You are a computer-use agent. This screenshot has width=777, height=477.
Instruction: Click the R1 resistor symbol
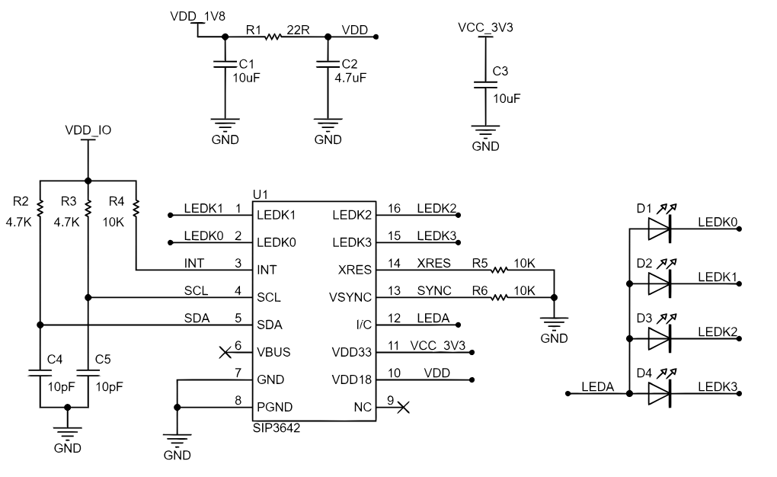(x=273, y=37)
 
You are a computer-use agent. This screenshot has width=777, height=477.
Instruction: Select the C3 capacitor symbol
(x=485, y=85)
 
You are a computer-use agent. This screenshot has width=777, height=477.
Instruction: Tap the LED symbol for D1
(x=660, y=229)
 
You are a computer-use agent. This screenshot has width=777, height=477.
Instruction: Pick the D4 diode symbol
(x=660, y=394)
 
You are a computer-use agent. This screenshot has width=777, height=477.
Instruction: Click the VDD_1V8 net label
(x=198, y=16)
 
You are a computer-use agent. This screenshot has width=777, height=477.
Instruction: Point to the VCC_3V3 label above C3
(x=485, y=27)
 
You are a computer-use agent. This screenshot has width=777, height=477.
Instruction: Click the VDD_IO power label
(x=88, y=130)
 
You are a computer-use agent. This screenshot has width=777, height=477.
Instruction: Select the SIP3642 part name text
(x=277, y=428)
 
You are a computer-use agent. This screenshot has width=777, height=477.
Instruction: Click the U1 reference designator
(x=261, y=194)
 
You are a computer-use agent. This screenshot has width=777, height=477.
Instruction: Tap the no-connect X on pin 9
(x=404, y=408)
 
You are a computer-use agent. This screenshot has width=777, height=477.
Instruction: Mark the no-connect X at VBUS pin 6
(x=225, y=353)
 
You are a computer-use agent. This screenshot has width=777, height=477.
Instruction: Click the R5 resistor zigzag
(x=499, y=271)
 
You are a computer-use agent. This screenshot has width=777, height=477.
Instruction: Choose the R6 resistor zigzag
(x=499, y=297)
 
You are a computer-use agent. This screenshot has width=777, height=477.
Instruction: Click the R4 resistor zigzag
(x=136, y=208)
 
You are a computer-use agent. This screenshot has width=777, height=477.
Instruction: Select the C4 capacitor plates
(x=40, y=373)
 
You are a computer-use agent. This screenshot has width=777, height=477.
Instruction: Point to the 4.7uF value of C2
(x=350, y=78)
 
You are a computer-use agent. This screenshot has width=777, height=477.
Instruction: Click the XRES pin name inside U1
(x=355, y=271)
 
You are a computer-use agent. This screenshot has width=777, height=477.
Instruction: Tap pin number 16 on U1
(x=394, y=208)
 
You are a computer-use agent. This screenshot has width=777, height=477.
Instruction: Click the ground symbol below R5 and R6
(x=554, y=322)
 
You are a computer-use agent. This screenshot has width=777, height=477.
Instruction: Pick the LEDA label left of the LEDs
(x=598, y=387)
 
